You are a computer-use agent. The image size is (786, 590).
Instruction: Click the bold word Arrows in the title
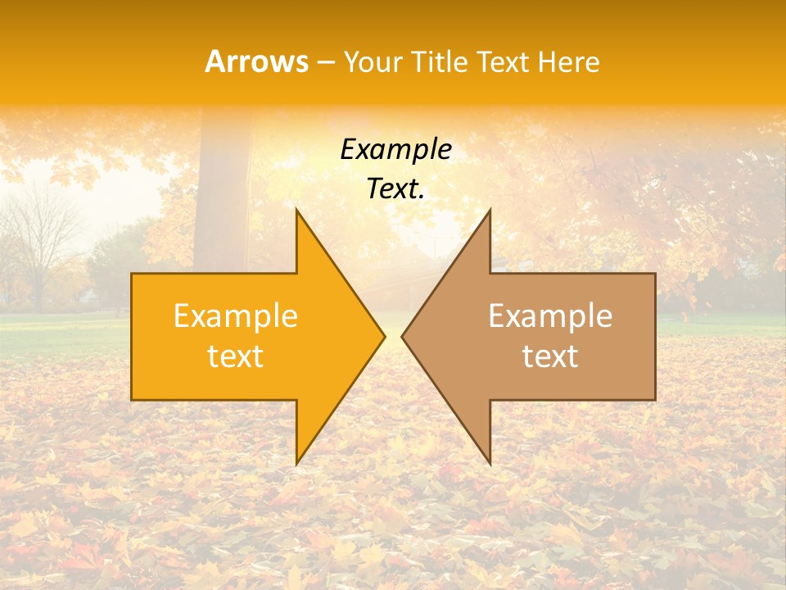point(257,61)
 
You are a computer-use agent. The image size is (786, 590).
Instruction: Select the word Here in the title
point(571,61)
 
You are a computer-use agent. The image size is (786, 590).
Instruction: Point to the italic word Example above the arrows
point(395,149)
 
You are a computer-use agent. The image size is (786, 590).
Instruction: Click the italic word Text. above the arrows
point(395,189)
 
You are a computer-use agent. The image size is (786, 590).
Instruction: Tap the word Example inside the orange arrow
point(236,316)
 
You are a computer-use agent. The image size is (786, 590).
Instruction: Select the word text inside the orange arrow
point(236,356)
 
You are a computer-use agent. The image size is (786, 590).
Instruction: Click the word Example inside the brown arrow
point(550,316)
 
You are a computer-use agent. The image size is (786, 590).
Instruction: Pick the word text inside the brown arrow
point(550,356)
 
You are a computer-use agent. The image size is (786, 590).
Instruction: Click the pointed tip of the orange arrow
point(384,336)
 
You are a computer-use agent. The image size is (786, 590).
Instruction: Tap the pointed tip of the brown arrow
point(403,336)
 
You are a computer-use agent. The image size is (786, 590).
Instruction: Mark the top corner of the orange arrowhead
point(296,210)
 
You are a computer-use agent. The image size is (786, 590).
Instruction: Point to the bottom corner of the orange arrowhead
point(296,463)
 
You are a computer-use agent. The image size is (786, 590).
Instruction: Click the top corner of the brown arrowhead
point(490,210)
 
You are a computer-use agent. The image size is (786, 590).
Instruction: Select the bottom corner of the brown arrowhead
point(490,464)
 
